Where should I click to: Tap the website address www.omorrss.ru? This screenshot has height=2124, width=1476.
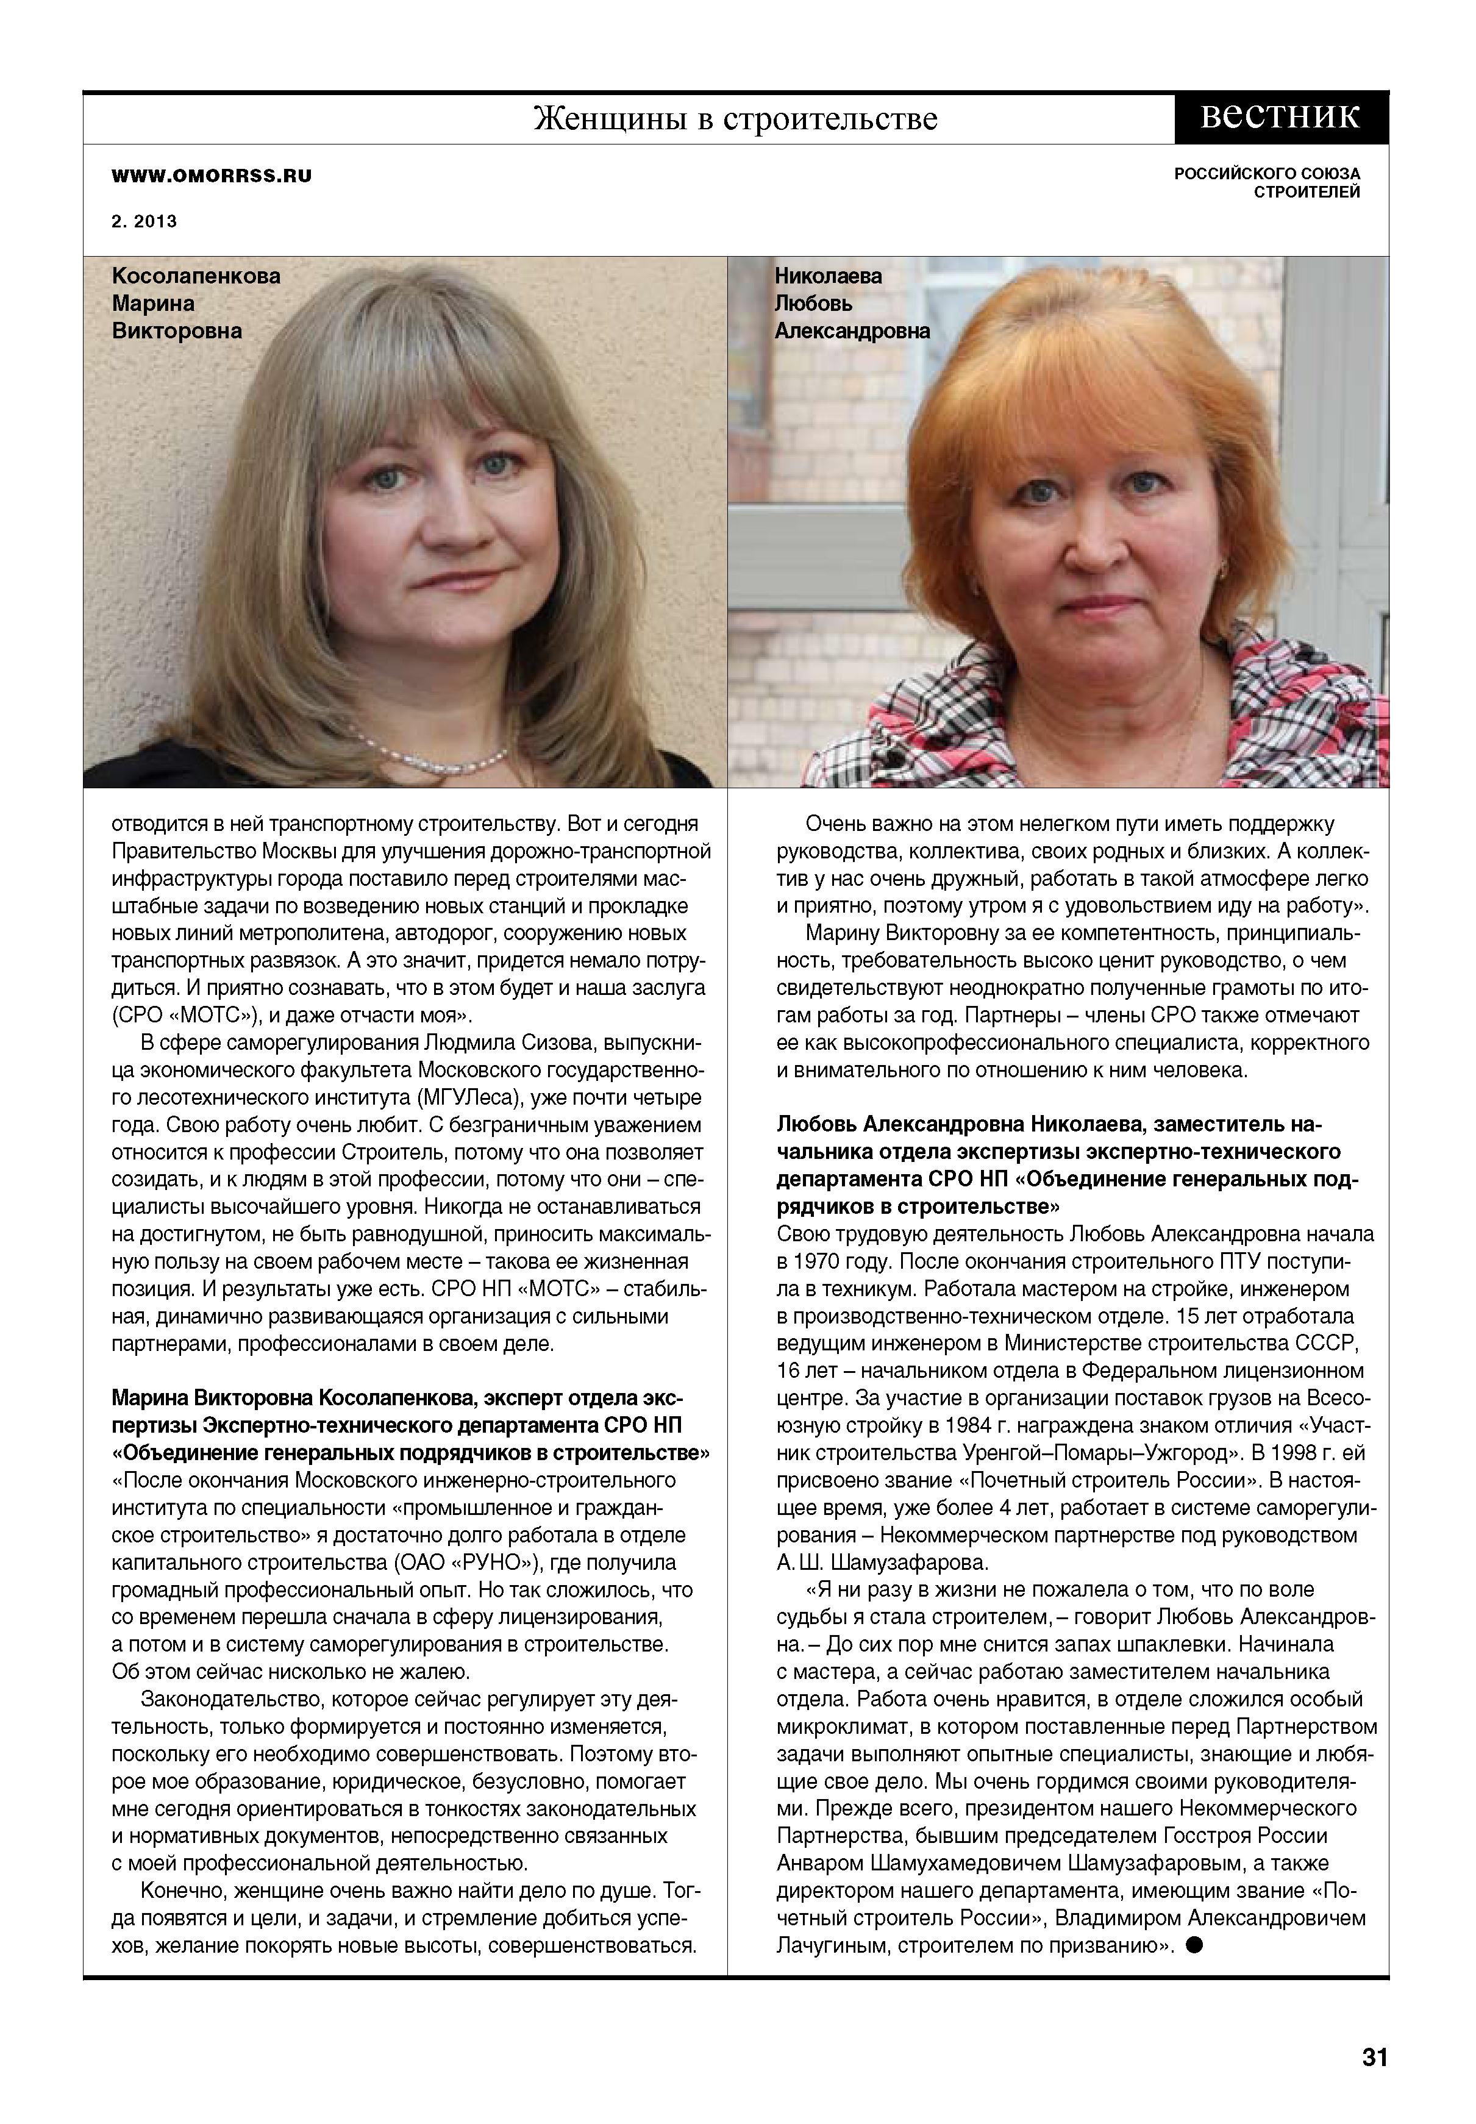pyautogui.click(x=211, y=176)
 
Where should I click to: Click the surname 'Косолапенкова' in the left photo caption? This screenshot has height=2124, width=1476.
pyautogui.click(x=196, y=276)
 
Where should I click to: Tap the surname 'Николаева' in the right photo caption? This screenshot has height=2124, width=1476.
pyautogui.click(x=829, y=276)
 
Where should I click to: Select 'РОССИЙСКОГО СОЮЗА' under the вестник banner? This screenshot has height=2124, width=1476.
pyautogui.click(x=1267, y=174)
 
